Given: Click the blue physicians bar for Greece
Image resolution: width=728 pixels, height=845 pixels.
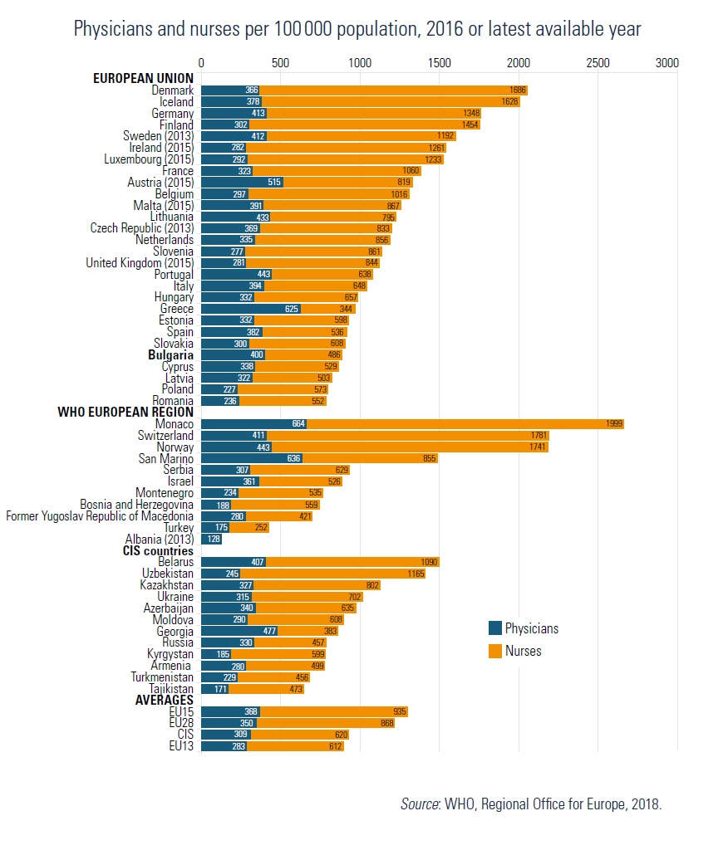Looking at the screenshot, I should [x=250, y=309].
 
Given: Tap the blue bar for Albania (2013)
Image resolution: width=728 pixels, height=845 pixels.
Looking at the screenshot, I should [x=211, y=539].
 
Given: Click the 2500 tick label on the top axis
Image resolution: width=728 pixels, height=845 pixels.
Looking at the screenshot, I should [x=597, y=63].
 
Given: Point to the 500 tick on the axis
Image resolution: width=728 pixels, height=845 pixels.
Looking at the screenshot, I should [x=280, y=63].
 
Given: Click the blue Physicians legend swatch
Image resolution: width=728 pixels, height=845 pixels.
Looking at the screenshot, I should [x=495, y=628].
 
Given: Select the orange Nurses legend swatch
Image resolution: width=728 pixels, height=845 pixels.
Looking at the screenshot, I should [x=495, y=652].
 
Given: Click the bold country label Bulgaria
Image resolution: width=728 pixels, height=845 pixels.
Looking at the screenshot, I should [x=170, y=354].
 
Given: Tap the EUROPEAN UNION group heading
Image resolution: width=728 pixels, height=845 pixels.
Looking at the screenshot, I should [x=143, y=79].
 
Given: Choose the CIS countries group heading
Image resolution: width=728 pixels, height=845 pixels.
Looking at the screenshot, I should [x=152, y=550].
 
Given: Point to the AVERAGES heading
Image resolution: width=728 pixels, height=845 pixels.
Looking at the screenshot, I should [x=164, y=700].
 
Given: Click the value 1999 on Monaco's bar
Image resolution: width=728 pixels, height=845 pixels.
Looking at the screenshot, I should [x=614, y=424].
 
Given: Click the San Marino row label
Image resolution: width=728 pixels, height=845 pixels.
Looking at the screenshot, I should [x=165, y=458].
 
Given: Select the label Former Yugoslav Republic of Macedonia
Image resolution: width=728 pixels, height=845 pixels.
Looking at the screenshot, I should [x=100, y=516].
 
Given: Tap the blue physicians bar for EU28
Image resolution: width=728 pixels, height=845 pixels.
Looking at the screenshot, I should [x=229, y=723].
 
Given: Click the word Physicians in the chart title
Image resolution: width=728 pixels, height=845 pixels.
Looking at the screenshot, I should [x=111, y=29].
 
